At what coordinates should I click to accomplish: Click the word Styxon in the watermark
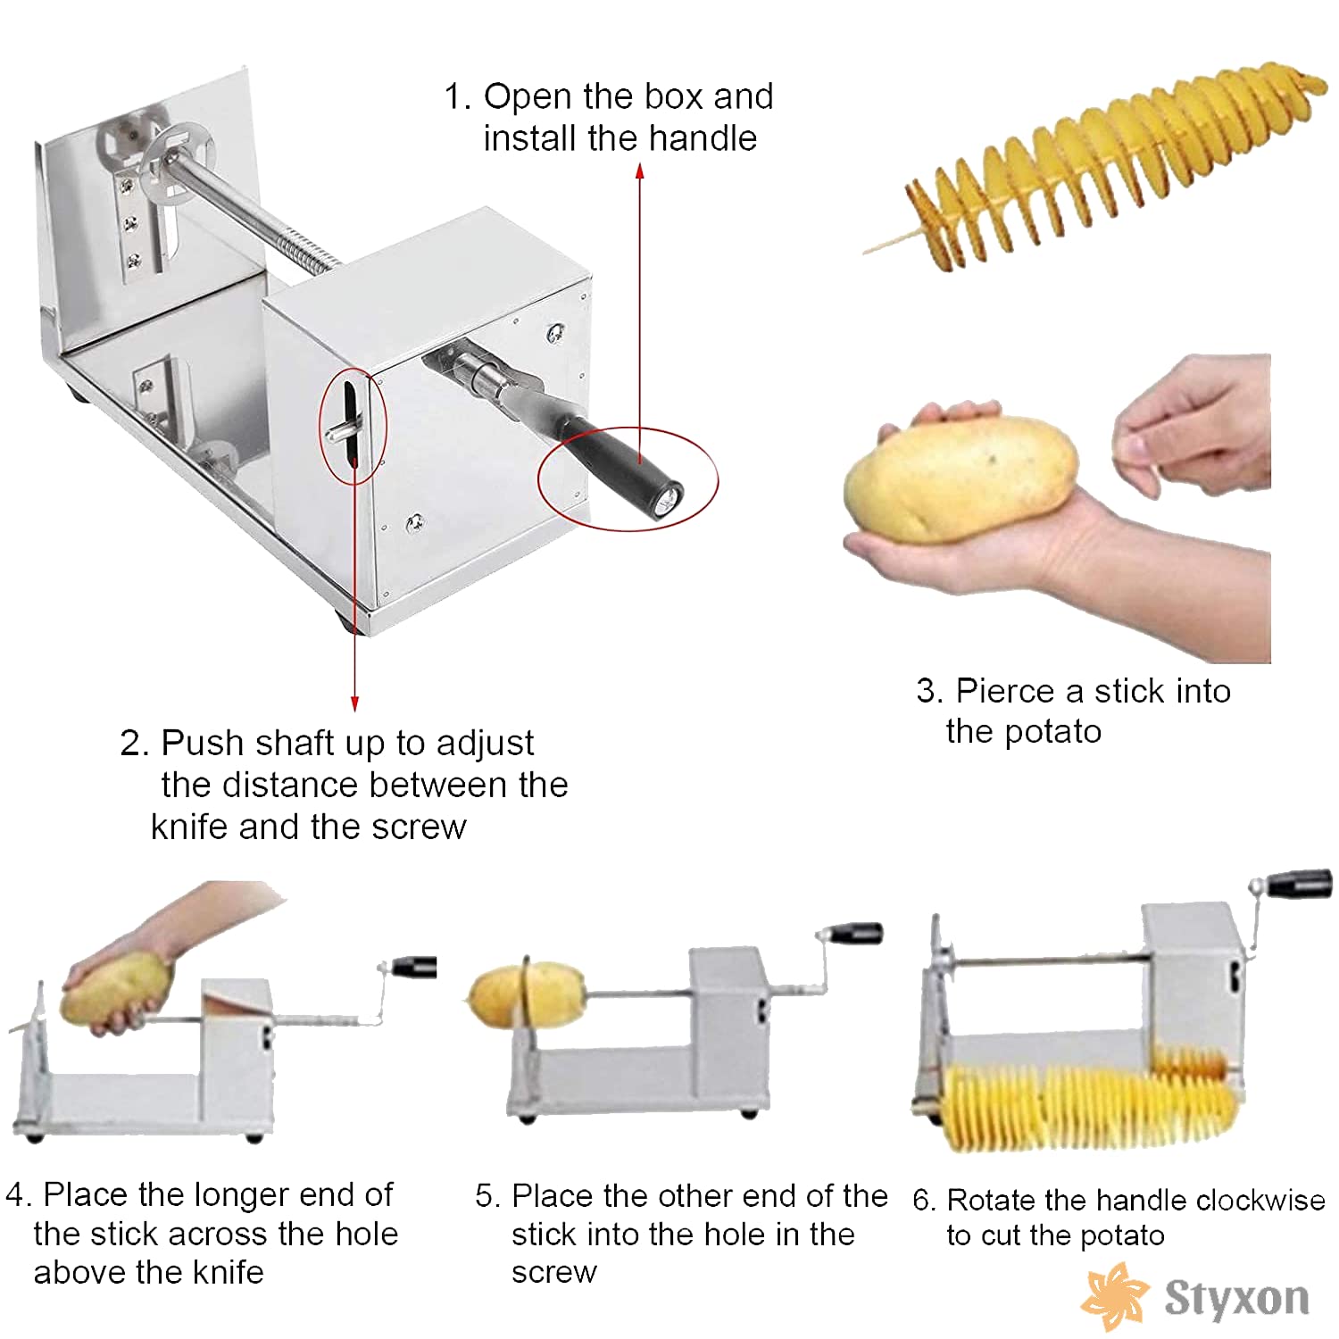pyautogui.click(x=1237, y=1297)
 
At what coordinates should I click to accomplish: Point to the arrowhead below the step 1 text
pyautogui.click(x=640, y=170)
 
